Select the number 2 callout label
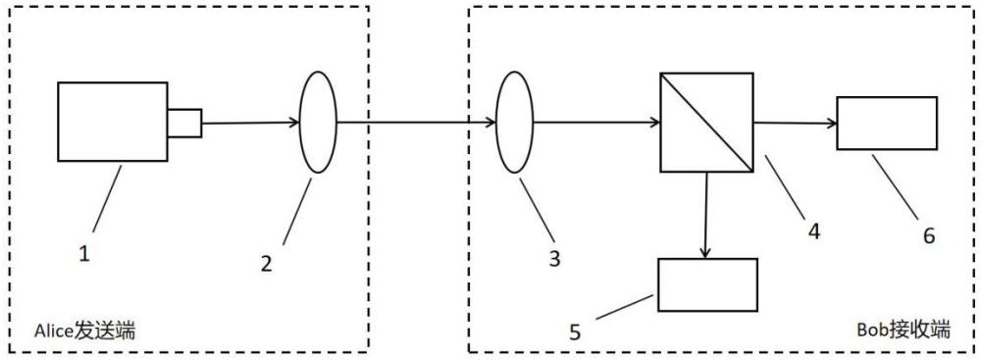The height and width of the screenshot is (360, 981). (x=267, y=264)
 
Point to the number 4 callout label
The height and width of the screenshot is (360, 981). (x=813, y=231)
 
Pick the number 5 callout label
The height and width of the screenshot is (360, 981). (x=575, y=332)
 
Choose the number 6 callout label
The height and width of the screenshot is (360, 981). (x=928, y=236)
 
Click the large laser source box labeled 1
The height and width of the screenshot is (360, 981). (x=113, y=122)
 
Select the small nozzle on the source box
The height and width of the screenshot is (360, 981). (x=184, y=123)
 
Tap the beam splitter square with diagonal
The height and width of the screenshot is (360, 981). (x=707, y=122)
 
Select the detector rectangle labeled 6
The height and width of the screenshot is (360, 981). (x=887, y=123)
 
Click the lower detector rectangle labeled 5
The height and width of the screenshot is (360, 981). (x=707, y=284)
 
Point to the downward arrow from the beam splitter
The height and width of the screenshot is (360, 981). (x=705, y=215)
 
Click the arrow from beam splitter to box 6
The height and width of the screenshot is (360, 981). (x=796, y=124)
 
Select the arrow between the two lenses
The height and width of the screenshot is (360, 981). (x=416, y=123)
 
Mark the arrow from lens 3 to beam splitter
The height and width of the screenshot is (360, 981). (x=596, y=123)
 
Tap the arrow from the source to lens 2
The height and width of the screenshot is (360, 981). (x=251, y=123)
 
